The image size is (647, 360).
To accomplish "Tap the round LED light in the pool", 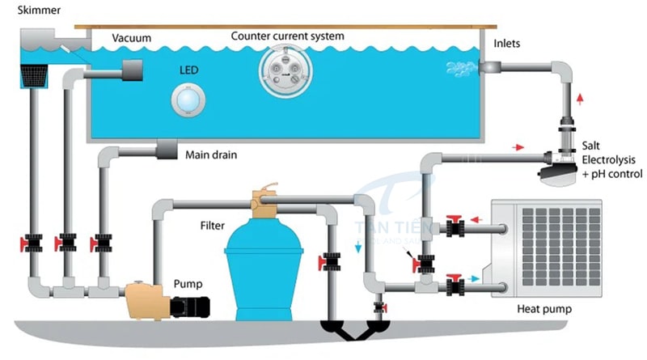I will pos(188,99).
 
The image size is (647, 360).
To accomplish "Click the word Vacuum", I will pos(131,38).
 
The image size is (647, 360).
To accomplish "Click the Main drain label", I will pos(211,154).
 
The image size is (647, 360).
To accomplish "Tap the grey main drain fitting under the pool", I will pos(167,150).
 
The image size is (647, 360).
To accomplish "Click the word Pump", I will pos(187,285).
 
